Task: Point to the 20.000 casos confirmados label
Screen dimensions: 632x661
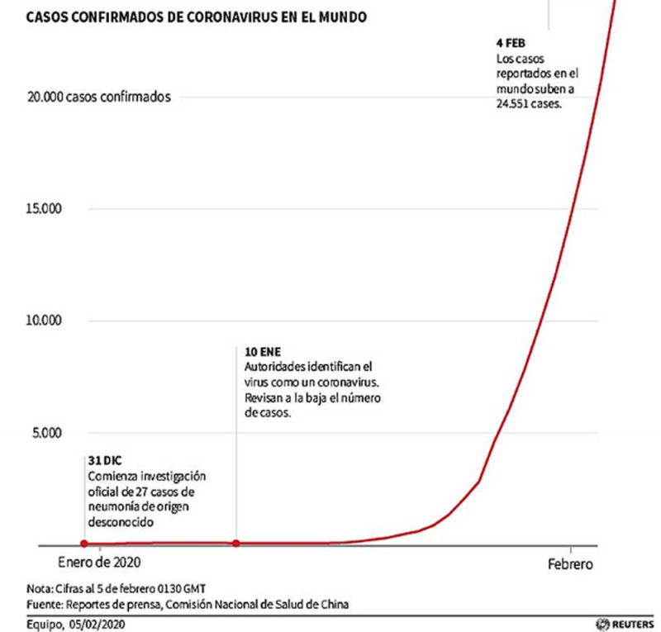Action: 99,97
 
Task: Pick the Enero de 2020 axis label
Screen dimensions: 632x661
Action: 99,563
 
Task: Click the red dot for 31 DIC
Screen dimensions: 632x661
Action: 83,544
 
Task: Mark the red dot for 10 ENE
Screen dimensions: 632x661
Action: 236,544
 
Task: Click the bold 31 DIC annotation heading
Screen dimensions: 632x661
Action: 104,460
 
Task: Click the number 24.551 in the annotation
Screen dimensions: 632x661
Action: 515,105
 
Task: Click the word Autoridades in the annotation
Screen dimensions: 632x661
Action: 274,366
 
